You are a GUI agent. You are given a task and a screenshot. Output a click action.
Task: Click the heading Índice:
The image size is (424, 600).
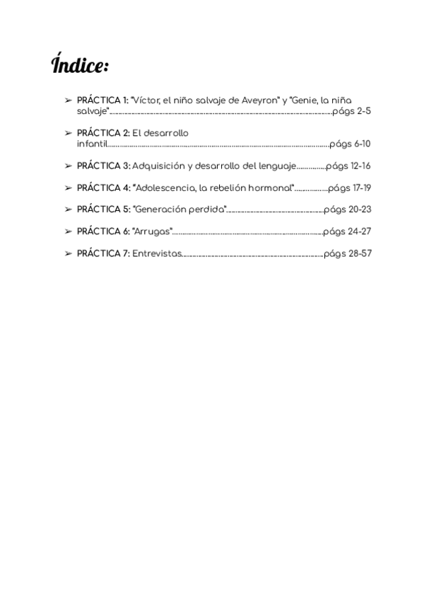pyautogui.click(x=80, y=65)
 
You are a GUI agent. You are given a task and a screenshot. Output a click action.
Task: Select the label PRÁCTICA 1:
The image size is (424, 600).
pyautogui.click(x=102, y=100)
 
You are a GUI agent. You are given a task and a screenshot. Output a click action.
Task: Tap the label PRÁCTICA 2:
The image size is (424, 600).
pyautogui.click(x=102, y=133)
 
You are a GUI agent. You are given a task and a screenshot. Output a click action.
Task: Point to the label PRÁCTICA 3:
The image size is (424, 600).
pyautogui.click(x=103, y=166)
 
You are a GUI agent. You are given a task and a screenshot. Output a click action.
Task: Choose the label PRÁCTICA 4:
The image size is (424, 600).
pyautogui.click(x=103, y=187)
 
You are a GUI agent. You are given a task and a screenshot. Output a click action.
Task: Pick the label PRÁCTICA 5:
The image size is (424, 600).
pyautogui.click(x=103, y=209)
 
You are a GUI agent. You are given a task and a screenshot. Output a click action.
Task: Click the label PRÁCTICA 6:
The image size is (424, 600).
pyautogui.click(x=103, y=231)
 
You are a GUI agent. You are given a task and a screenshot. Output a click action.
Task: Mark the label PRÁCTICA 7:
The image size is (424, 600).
pyautogui.click(x=102, y=253)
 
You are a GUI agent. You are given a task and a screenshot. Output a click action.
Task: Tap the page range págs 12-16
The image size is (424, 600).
pyautogui.click(x=348, y=166)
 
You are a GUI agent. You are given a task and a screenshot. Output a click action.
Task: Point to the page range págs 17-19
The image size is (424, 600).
pyautogui.click(x=350, y=187)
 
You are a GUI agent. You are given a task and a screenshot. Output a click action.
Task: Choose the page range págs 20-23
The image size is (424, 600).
pyautogui.click(x=348, y=209)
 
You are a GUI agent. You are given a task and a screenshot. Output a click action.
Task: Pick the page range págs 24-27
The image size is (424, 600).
pyautogui.click(x=348, y=231)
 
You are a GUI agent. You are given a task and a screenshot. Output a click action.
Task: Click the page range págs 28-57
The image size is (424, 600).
pyautogui.click(x=348, y=253)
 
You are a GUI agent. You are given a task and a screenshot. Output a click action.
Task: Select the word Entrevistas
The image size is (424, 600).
pyautogui.click(x=157, y=253)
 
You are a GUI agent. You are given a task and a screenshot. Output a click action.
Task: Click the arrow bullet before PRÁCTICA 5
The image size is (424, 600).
pyautogui.click(x=68, y=209)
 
